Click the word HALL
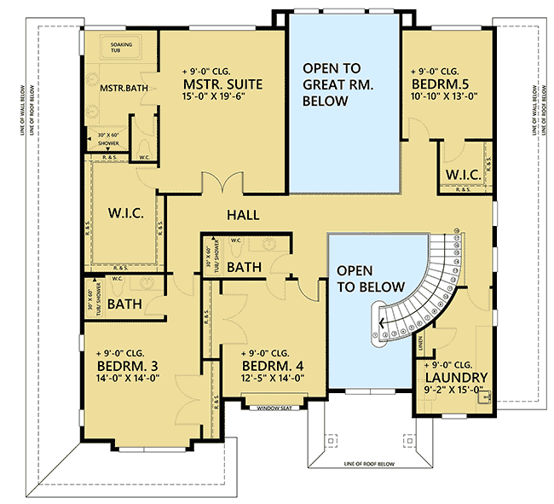242,216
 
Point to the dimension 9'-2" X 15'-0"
453,392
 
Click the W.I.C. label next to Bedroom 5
461,175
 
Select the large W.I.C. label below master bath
124,211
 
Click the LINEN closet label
420,343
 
